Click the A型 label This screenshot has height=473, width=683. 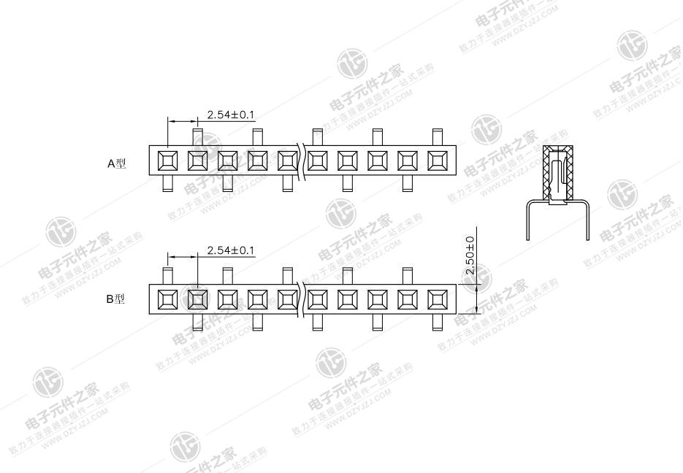coord(117,164)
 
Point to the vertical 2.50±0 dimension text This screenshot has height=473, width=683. coord(470,255)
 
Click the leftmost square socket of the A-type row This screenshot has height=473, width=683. coord(167,160)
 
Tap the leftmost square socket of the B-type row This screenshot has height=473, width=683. coord(167,299)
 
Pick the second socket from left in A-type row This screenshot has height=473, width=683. coord(197,160)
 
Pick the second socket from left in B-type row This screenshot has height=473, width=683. coord(197,299)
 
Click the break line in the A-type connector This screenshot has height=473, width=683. coord(302,160)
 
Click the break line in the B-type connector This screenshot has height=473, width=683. coord(302,299)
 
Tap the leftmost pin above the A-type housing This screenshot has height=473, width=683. coord(197,136)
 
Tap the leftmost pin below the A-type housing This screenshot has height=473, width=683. coord(167,184)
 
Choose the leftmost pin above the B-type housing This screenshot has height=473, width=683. coord(167,276)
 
